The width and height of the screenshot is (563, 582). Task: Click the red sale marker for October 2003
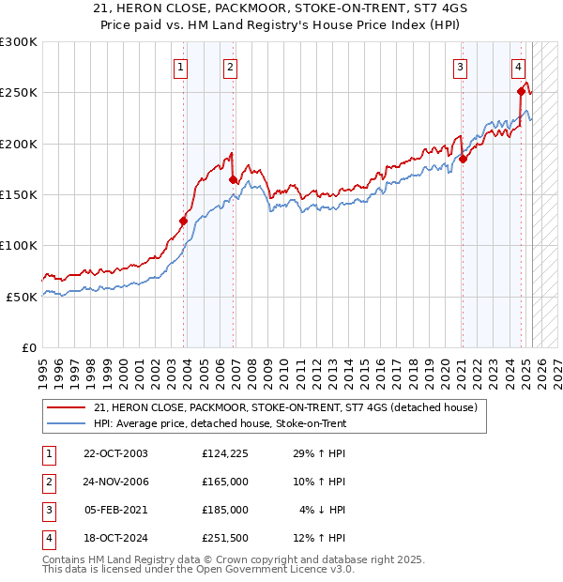click(184, 222)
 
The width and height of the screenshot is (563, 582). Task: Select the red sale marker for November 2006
click(233, 179)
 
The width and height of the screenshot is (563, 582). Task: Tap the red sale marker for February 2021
click(463, 159)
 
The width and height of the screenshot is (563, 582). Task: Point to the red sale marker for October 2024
click(521, 91)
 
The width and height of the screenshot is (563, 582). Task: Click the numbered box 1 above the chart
click(179, 67)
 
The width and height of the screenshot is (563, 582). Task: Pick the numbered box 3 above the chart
click(461, 67)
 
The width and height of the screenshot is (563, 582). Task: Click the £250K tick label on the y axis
click(19, 93)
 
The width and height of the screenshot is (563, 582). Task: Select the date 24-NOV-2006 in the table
click(115, 482)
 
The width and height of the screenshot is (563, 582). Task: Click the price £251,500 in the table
click(224, 538)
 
